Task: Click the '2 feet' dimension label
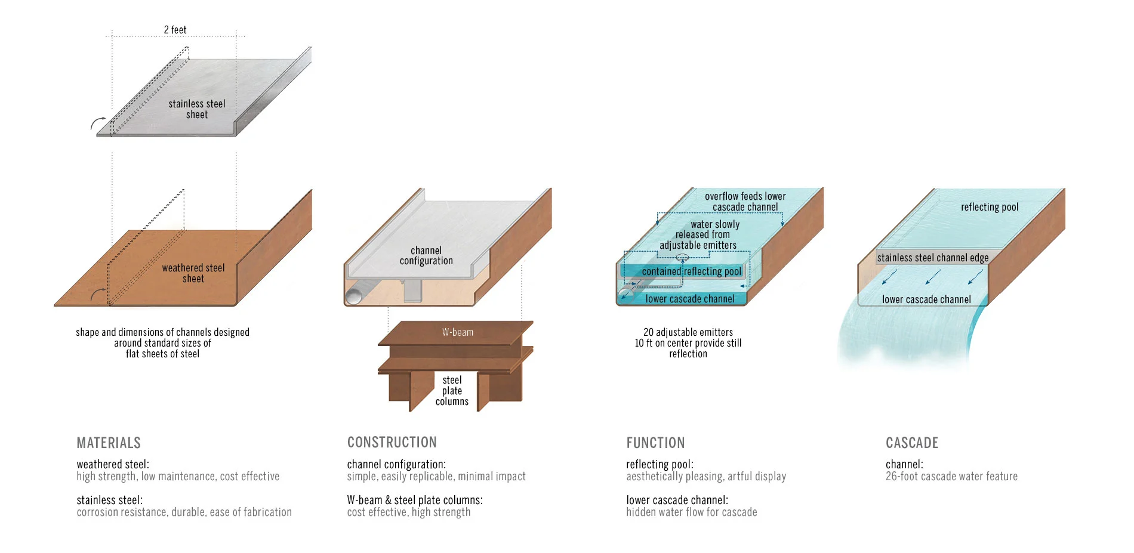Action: tap(175, 30)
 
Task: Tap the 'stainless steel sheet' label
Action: tap(197, 109)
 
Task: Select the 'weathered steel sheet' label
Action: tap(193, 273)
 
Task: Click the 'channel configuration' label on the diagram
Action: tap(426, 256)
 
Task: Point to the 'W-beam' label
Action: tap(458, 332)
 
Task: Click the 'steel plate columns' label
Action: tap(452, 391)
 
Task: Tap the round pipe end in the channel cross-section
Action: tap(355, 296)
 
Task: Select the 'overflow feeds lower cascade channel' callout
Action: tap(745, 202)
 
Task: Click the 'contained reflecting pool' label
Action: tap(691, 271)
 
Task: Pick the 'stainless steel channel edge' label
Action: tap(932, 258)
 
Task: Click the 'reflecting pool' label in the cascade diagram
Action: tap(989, 207)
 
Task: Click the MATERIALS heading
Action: tap(109, 443)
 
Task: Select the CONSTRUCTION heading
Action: tap(392, 442)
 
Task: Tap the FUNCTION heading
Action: tap(655, 443)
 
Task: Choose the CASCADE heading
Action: tap(911, 443)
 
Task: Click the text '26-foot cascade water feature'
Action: tap(951, 476)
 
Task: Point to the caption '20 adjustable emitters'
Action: tap(688, 332)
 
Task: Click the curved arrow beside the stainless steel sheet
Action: tap(97, 123)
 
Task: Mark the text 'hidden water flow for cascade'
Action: tap(691, 512)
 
